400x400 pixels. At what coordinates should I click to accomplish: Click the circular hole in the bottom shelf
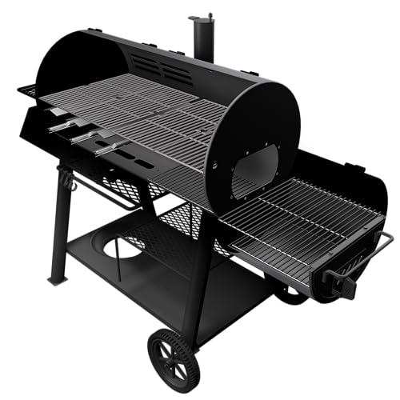coord(120,247)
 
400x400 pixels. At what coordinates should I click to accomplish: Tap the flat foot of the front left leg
coord(57,279)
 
